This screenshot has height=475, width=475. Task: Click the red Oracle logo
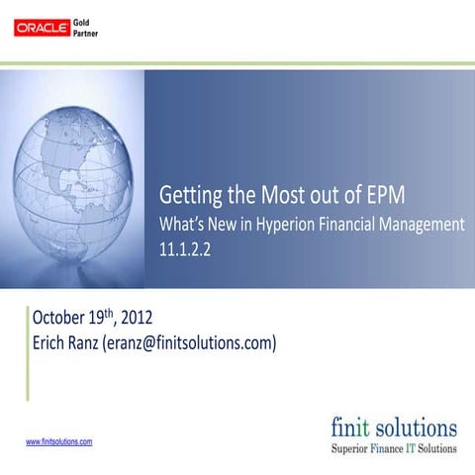[42, 28]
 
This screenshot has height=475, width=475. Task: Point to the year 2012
[135, 319]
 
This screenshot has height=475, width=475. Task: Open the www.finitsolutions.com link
[58, 441]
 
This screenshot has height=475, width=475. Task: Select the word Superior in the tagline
[353, 448]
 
